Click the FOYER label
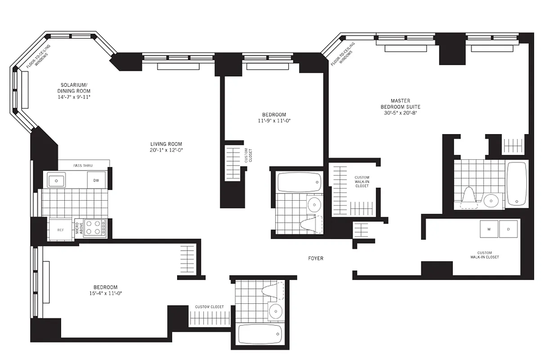coord(315,258)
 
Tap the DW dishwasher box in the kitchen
coord(96,180)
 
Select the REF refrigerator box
coord(60,229)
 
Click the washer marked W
coord(488,229)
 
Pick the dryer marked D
coord(509,229)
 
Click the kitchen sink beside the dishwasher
coord(57,180)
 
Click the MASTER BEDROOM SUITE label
coord(400,103)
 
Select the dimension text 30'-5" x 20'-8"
coord(400,113)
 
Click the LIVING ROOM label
coord(166,144)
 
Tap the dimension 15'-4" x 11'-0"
coord(105,293)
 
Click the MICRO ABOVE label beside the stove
coord(78,228)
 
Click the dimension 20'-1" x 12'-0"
coord(166,150)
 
